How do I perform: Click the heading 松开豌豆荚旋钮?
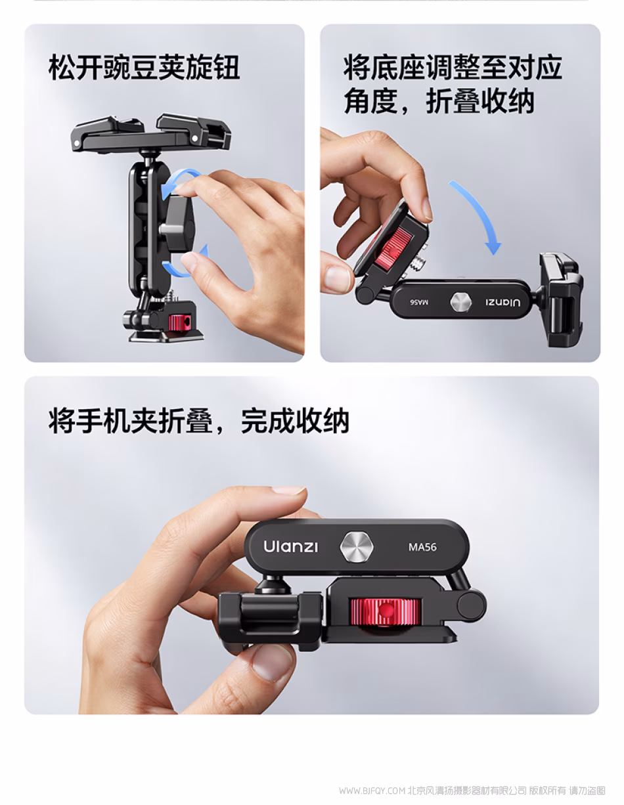point(144,68)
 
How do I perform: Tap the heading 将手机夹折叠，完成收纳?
point(199,421)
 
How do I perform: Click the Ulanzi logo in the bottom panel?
point(290,547)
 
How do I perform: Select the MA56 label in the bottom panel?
point(422,547)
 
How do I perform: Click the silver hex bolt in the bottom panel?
point(357,547)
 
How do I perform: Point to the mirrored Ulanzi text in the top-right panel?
point(503,302)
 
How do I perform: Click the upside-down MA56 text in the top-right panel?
point(419,302)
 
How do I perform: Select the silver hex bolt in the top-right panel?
point(460,302)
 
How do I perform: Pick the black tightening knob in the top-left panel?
point(178,225)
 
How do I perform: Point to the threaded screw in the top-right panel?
point(418,263)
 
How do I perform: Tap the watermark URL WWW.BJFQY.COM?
point(372,791)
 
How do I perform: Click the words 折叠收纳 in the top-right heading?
point(480,101)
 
